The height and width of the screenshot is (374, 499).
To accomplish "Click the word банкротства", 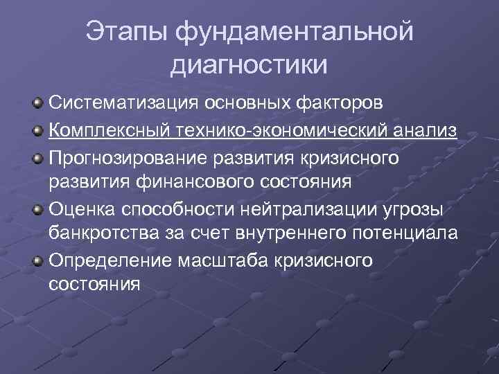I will point(99,233).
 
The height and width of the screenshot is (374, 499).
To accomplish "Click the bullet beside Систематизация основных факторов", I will point(39,104).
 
